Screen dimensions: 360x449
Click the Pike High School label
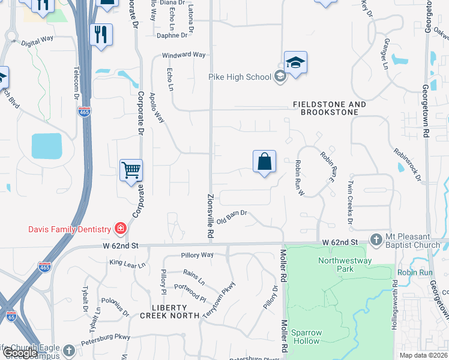[240, 77]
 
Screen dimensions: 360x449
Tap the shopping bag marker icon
[264, 161]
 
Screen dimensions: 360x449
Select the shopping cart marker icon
[131, 170]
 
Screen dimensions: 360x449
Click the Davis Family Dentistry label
[70, 229]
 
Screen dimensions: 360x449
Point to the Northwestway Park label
[345, 265]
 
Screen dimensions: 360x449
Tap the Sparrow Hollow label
[306, 337]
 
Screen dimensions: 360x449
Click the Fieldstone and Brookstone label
[329, 109]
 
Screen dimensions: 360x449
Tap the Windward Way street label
[184, 55]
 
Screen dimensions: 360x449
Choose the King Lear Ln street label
[127, 264]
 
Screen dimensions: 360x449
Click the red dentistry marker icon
[120, 229]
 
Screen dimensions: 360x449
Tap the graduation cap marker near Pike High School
[295, 62]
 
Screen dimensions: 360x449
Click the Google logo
[20, 353]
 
